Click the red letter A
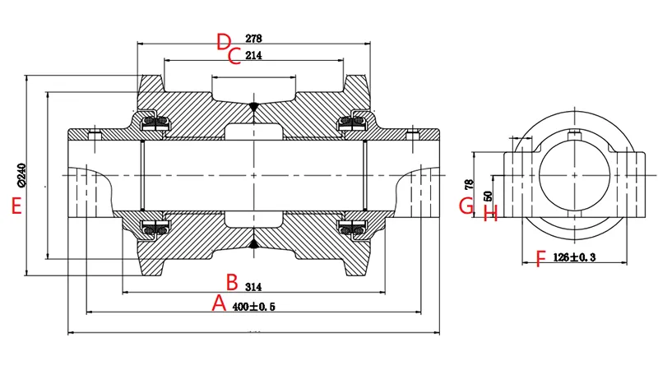(219, 303)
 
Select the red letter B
(232, 283)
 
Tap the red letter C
(234, 57)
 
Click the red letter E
(16, 206)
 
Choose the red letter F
(540, 260)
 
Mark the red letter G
(466, 205)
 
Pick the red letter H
(491, 214)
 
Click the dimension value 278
(253, 39)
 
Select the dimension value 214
(253, 56)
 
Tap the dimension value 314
(253, 287)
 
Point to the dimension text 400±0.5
(253, 307)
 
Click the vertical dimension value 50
(487, 197)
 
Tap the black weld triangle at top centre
(253, 107)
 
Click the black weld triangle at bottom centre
(253, 243)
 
